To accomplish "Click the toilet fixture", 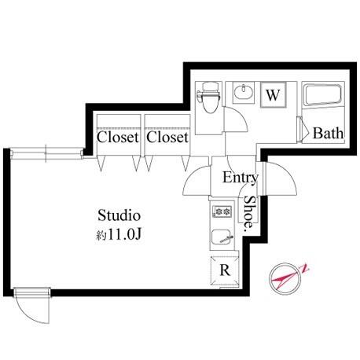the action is pyautogui.click(x=208, y=97).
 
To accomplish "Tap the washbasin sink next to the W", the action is pyautogui.click(x=244, y=92).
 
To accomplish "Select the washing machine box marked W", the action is pyautogui.click(x=273, y=94).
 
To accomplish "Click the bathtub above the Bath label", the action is pyautogui.click(x=323, y=94).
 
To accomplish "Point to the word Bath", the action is pyautogui.click(x=328, y=133).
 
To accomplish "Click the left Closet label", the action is pyautogui.click(x=117, y=137).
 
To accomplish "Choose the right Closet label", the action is pyautogui.click(x=167, y=137).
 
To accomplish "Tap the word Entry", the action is pyautogui.click(x=241, y=178).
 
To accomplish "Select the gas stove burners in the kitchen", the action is pyautogui.click(x=222, y=211).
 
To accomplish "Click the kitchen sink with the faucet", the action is pyautogui.click(x=222, y=237).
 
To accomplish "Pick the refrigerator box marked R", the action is pyautogui.click(x=225, y=270).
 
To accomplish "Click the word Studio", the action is pyautogui.click(x=119, y=215).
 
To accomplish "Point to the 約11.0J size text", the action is pyautogui.click(x=119, y=234).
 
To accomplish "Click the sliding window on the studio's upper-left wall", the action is pyautogui.click(x=47, y=153).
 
